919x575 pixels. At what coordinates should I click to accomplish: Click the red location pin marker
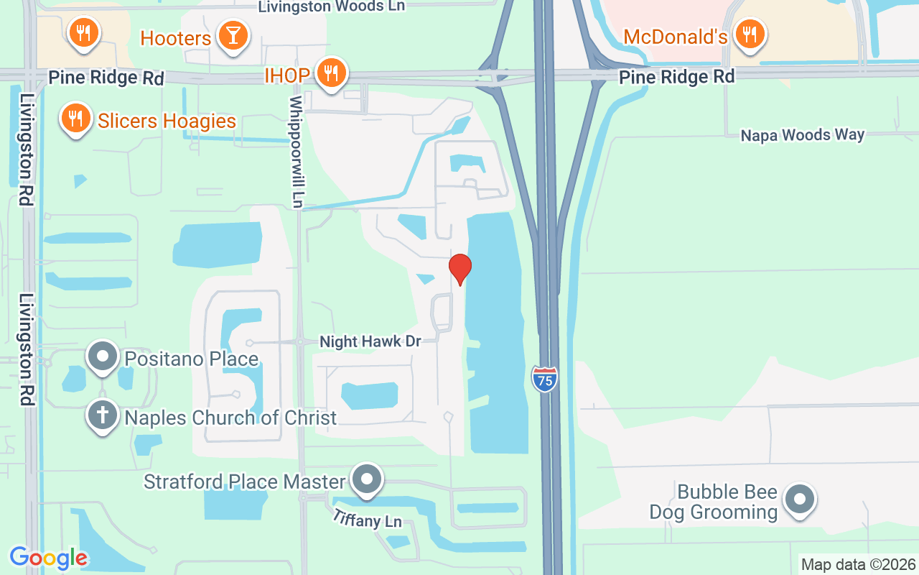(x=459, y=269)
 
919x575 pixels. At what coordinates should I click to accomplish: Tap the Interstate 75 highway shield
(x=545, y=379)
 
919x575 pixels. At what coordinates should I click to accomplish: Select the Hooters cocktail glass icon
(x=233, y=34)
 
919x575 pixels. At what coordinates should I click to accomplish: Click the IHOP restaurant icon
(x=330, y=73)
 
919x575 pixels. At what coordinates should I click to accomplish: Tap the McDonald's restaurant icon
(x=750, y=33)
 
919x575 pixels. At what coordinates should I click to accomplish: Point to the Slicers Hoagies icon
(x=74, y=118)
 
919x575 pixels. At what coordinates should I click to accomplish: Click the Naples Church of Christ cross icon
(x=103, y=415)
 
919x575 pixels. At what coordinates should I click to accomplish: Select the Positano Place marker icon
(x=103, y=356)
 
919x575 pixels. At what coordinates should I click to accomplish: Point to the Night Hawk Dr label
(x=370, y=341)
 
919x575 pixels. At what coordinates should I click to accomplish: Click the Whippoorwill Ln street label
(x=297, y=152)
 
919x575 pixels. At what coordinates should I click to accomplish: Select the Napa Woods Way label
(x=803, y=135)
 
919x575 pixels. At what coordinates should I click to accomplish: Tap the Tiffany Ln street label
(x=367, y=519)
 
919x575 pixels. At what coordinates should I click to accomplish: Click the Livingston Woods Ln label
(x=331, y=6)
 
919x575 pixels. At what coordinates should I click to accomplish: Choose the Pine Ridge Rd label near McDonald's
(x=677, y=76)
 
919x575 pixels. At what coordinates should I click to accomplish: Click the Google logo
(x=48, y=558)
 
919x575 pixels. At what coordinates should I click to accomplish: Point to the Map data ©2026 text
(x=858, y=564)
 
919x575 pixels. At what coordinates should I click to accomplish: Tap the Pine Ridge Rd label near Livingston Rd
(x=106, y=78)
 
